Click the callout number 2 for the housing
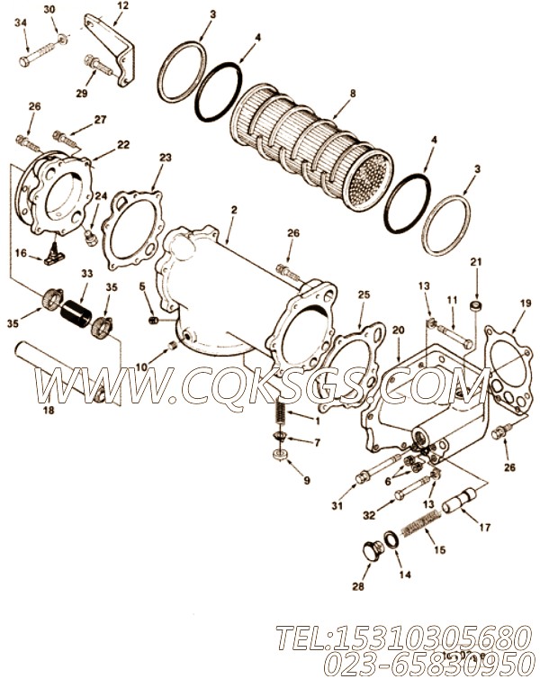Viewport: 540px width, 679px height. pos(233,210)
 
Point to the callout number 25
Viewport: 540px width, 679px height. pos(363,294)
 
